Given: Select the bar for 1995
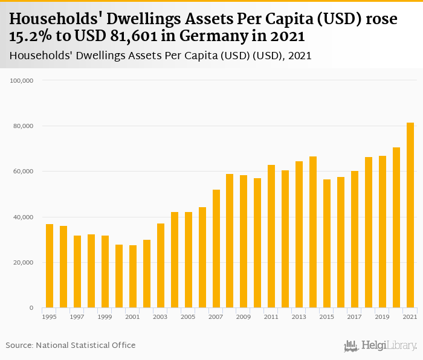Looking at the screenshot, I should (50, 266).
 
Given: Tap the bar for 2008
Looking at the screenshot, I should (230, 241).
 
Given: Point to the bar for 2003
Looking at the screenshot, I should (161, 266).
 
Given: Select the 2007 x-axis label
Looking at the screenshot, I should (216, 317).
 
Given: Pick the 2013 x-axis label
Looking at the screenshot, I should (299, 317).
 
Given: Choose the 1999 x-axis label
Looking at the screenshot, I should (105, 317).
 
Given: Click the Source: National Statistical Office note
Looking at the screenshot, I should (71, 345).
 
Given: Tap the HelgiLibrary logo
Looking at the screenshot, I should (380, 346).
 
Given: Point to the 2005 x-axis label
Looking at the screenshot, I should (188, 317).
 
